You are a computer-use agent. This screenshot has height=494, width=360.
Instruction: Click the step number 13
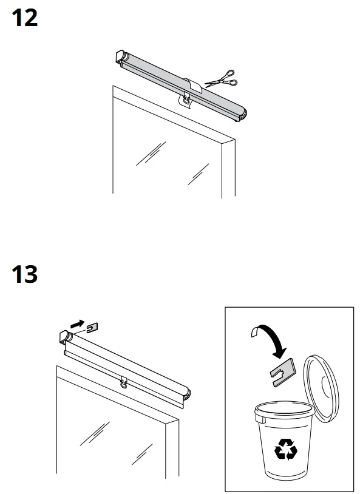click(25, 275)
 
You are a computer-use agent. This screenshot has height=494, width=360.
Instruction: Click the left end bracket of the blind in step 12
click(121, 58)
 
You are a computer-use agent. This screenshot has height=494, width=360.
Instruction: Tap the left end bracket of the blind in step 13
click(65, 338)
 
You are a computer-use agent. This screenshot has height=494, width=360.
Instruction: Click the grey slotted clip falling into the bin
click(280, 371)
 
